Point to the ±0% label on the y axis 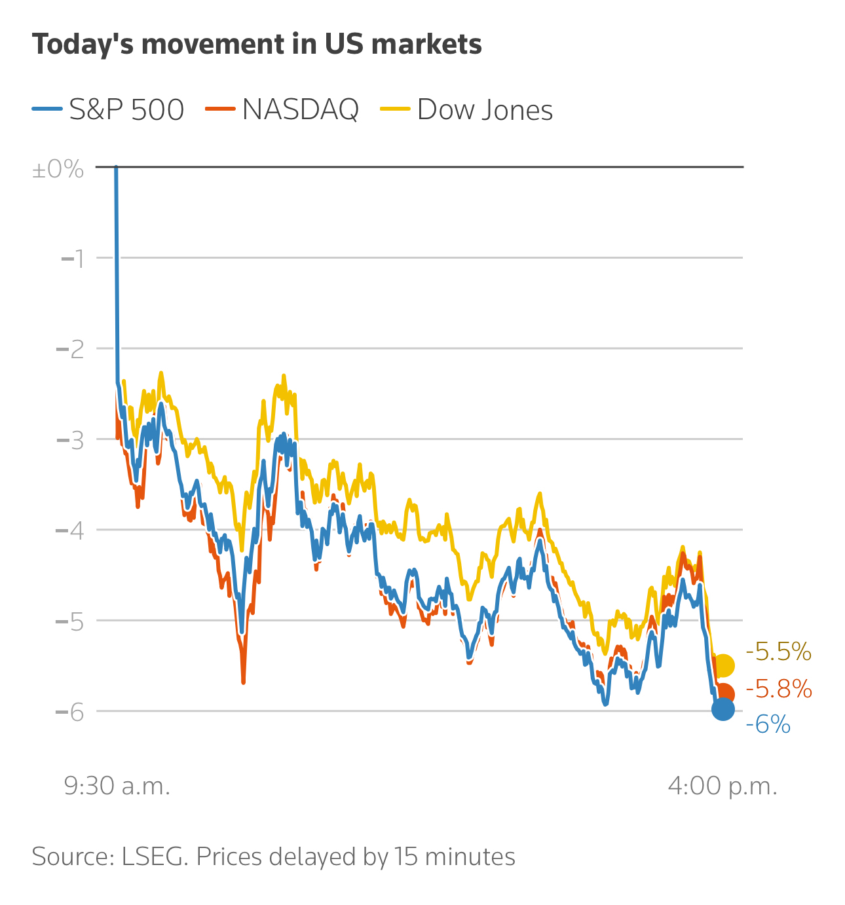(x=58, y=170)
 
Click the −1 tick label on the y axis (x=73, y=259)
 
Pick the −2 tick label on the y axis (x=71, y=349)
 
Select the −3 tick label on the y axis (x=71, y=440)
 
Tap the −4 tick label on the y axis (x=71, y=530)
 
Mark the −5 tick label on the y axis (x=71, y=621)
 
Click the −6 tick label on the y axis (x=71, y=712)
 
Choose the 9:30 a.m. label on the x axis (x=117, y=786)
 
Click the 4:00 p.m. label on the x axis (x=723, y=786)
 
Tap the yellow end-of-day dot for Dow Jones (x=723, y=665)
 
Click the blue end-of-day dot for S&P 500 (x=723, y=709)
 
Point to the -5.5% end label (x=779, y=652)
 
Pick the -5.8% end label (x=779, y=690)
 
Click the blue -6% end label (x=768, y=725)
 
